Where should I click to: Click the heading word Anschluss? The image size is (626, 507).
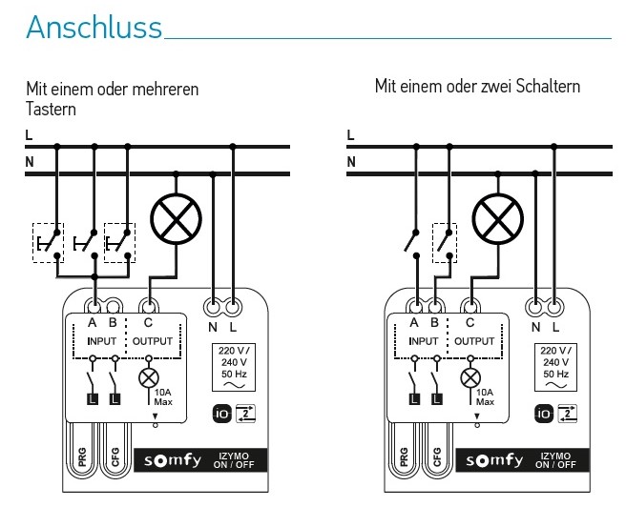click(94, 27)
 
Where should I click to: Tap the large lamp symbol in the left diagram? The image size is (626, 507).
click(176, 219)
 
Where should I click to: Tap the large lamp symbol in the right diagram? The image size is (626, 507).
click(498, 219)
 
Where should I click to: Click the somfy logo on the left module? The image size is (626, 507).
click(173, 460)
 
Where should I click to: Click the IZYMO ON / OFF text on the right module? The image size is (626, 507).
click(555, 460)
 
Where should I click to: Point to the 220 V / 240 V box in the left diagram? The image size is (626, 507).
click(234, 367)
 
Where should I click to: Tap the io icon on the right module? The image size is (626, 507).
click(544, 414)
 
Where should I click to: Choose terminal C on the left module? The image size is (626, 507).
click(149, 307)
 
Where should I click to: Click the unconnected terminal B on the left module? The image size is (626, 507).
click(113, 307)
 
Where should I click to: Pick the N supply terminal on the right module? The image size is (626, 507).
click(535, 307)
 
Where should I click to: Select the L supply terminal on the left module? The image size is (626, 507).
click(233, 307)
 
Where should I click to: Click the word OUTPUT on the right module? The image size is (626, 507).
click(474, 341)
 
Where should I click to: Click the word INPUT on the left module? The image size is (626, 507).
click(101, 341)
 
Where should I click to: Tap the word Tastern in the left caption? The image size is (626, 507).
click(51, 109)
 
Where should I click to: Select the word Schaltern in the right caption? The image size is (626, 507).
click(548, 86)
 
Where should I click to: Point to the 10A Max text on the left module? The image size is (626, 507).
click(163, 397)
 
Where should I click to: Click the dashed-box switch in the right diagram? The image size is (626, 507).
click(445, 243)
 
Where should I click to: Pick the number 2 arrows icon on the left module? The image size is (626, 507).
click(245, 414)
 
